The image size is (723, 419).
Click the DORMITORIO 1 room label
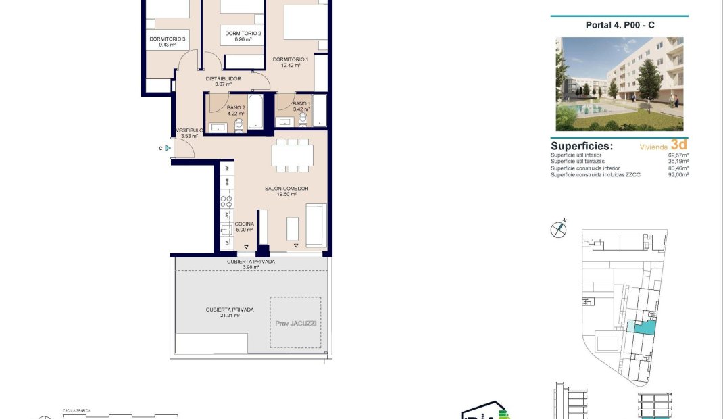[290, 59]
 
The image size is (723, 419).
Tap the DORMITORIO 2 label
[243, 33]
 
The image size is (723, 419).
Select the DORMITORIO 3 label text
[168, 39]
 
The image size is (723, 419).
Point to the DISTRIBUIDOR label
[223, 78]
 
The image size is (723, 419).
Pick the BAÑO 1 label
[301, 103]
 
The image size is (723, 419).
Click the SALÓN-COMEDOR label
[287, 189]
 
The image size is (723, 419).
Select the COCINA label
[244, 224]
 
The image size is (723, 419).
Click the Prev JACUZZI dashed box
[295, 322]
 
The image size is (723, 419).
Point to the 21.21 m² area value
[230, 316]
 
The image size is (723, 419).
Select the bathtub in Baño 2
[256, 112]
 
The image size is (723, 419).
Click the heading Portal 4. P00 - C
[619, 25]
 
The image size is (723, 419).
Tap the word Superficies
[582, 145]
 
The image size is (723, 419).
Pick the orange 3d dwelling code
[678, 145]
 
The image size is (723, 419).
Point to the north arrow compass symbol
[558, 229]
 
